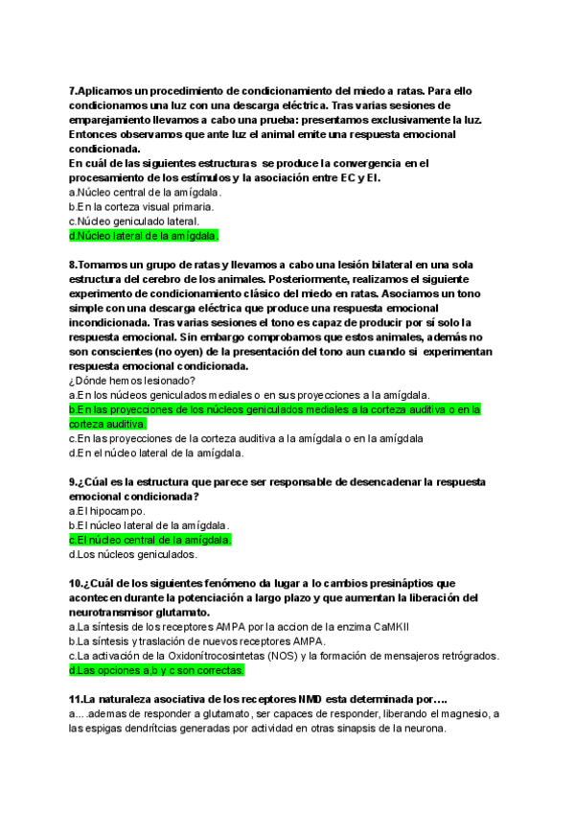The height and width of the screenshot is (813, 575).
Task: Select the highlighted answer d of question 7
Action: [145, 235]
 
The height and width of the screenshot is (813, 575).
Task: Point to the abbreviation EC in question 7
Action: [350, 177]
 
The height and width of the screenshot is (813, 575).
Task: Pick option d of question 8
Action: [156, 453]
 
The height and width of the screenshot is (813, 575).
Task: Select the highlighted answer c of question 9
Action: [150, 540]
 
